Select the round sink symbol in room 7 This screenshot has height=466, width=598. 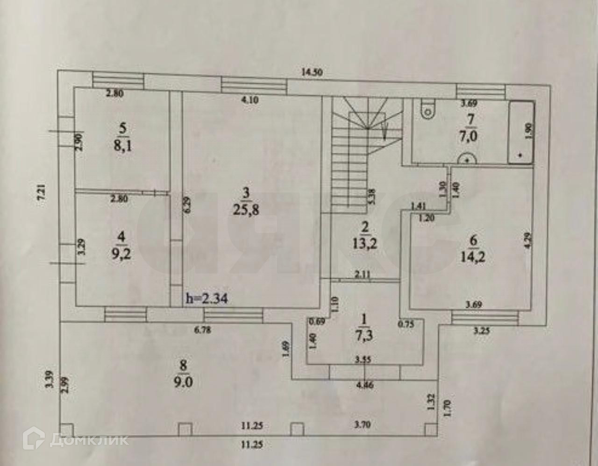click(466, 159)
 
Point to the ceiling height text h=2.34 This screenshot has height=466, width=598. click(206, 298)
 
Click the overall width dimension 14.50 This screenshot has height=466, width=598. click(313, 72)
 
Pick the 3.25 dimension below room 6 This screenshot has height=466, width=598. click(482, 332)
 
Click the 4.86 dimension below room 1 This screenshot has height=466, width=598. click(365, 386)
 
